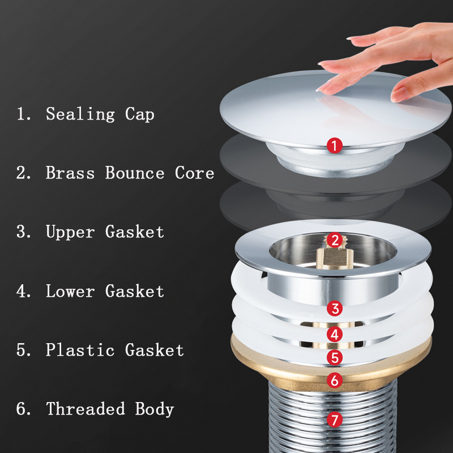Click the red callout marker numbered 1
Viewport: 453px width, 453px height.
point(335,146)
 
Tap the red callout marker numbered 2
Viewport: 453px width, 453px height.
point(335,240)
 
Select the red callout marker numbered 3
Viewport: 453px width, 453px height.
point(335,309)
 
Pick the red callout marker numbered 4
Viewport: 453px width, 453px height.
point(335,334)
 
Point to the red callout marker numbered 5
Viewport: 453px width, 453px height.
point(335,358)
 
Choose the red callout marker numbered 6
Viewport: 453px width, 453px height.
point(335,381)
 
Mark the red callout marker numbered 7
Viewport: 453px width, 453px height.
point(335,420)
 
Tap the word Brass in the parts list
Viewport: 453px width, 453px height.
point(70,173)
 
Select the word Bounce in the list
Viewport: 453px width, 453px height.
point(135,173)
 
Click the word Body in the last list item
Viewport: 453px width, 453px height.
point(154,408)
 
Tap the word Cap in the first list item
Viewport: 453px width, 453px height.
point(139,114)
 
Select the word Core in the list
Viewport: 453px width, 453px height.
point(194,173)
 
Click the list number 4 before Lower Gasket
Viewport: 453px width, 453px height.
point(23,291)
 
